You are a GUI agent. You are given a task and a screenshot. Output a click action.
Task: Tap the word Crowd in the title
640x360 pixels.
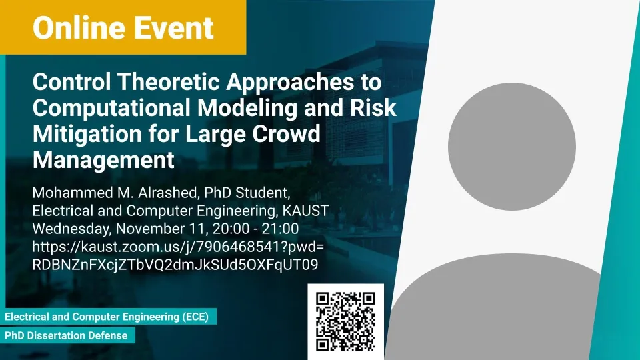[286, 134]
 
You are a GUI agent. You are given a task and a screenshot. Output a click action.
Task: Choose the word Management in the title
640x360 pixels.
[104, 159]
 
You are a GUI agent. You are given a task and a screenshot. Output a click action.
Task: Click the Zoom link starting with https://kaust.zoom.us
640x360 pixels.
[178, 247]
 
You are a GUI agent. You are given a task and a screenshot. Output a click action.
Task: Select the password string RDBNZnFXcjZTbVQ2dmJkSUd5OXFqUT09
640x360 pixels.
[175, 265]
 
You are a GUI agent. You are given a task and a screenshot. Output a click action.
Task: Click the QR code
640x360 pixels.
[346, 321]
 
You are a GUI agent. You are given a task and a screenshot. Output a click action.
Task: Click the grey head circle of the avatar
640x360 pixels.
[512, 147]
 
